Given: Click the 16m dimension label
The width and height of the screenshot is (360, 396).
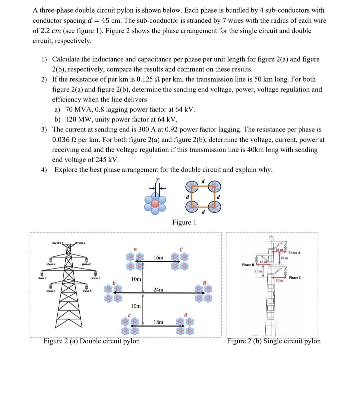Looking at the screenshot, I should (x=158, y=257).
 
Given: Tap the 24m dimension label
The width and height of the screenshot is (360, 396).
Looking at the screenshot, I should (x=158, y=289).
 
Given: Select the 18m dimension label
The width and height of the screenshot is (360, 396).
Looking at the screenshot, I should (x=158, y=322).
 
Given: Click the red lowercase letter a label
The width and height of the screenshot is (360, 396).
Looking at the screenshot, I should (x=135, y=248).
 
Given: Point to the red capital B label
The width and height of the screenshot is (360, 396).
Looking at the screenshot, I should (x=205, y=283).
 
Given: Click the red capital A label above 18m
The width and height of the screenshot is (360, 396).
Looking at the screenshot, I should (x=186, y=315).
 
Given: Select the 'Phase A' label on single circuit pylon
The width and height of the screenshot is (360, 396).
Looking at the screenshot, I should (x=294, y=252).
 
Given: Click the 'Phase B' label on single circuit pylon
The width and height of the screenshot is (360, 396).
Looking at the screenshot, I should (x=248, y=265).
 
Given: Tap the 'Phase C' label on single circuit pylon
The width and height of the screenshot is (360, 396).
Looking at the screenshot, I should (x=295, y=277).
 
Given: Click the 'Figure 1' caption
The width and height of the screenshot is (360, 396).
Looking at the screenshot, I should (x=184, y=222).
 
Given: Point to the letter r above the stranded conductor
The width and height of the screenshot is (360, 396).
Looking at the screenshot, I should (x=158, y=180).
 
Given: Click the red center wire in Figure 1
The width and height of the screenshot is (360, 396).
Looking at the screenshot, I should (x=155, y=203).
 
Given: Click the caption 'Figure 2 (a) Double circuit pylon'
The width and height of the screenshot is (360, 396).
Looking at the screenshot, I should (x=92, y=341).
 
